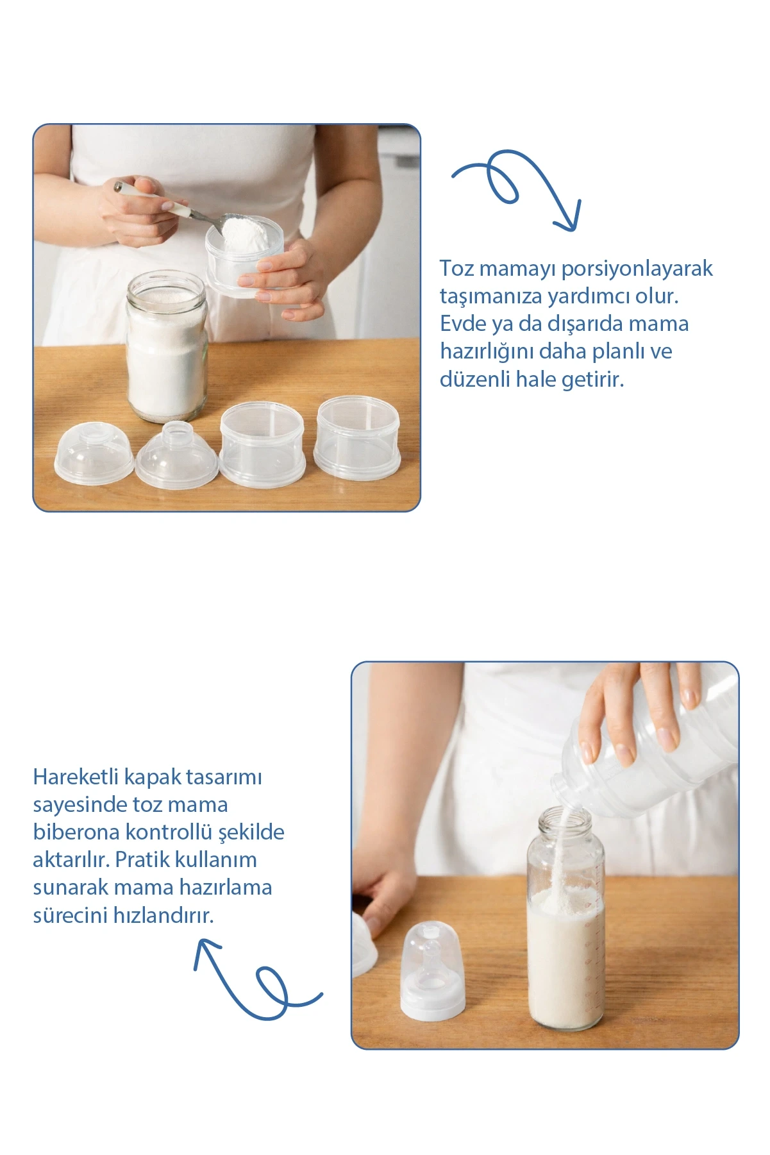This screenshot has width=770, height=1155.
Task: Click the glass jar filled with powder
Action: (167, 346)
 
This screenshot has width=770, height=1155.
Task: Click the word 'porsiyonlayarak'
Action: (637, 268)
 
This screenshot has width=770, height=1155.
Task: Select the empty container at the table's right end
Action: (358, 437)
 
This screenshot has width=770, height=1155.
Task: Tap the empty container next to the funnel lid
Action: (262, 444)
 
